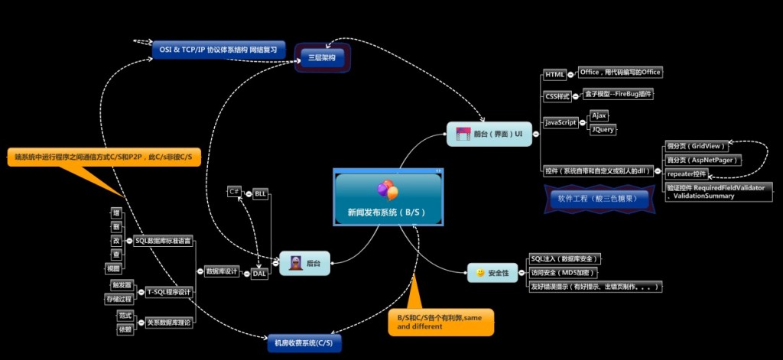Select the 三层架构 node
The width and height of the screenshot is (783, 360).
tap(322, 57)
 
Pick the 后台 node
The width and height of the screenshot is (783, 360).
tap(304, 263)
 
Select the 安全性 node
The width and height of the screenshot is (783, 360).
tap(492, 272)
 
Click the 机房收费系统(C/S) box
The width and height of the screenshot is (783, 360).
tap(303, 343)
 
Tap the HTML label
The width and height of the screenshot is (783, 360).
tap(554, 75)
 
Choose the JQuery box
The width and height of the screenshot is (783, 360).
tap(603, 129)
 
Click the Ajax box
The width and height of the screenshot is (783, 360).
tap(599, 115)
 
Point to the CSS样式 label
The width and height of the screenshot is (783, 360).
tap(558, 96)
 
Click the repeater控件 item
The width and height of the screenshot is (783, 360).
tap(687, 174)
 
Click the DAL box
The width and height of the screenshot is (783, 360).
tap(261, 273)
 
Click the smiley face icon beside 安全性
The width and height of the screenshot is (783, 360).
tap(479, 272)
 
